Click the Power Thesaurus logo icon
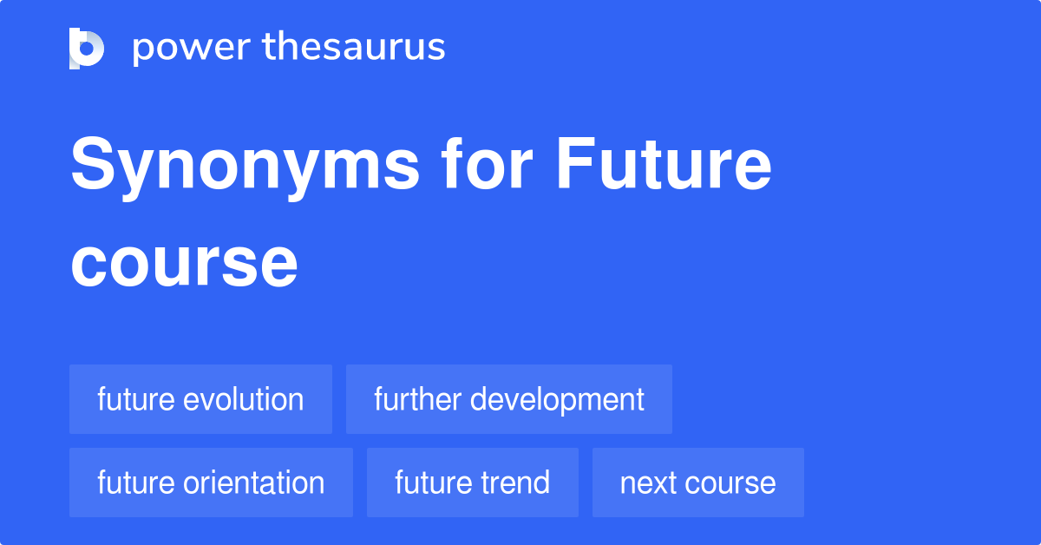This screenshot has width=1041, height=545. coord(87,48)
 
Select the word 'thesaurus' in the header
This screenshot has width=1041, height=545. coord(354,48)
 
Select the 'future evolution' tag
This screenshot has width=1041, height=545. coord(200,399)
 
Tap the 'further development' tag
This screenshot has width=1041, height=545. coord(508,399)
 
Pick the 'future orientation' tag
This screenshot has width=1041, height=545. coord(211,483)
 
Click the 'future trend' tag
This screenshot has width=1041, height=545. coord(472,483)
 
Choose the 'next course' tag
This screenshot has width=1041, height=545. coord(697,483)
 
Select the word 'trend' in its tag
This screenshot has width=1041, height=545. coord(517,483)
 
